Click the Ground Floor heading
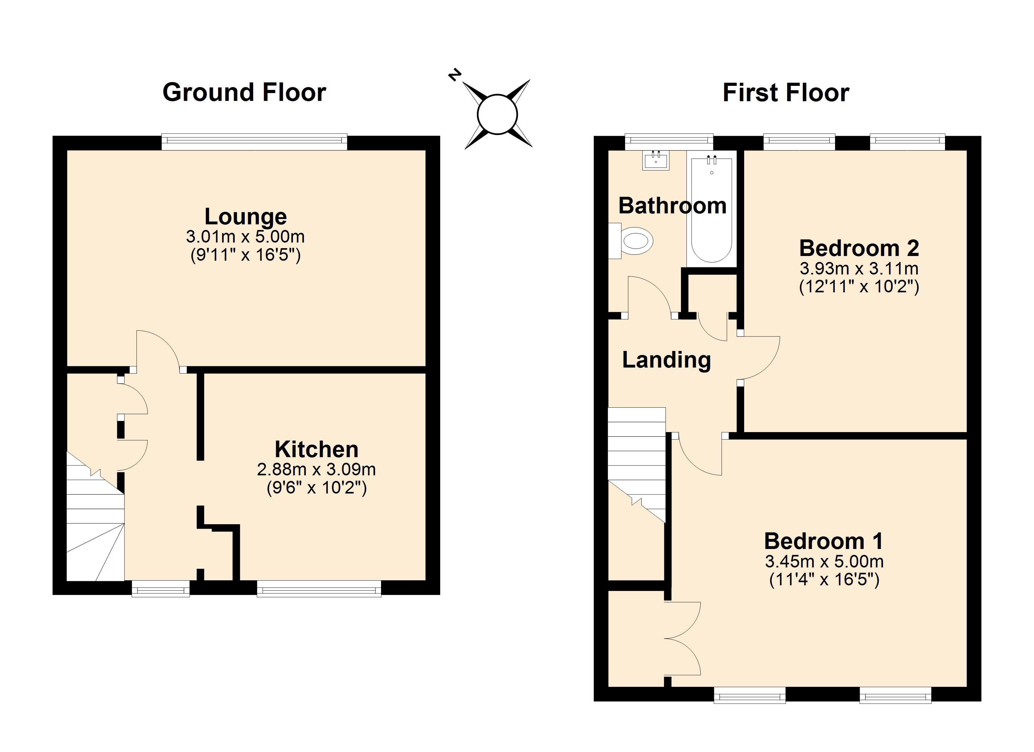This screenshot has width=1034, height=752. pos(244,92)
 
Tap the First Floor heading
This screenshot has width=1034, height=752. pos(786,92)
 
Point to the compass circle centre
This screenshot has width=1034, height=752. pos(497,114)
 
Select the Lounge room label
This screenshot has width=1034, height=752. pos(246,217)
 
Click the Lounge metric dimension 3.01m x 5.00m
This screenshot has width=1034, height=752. pos(245,236)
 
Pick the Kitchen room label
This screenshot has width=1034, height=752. pos(316,450)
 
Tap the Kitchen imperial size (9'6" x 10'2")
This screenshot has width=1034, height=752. pos(317,488)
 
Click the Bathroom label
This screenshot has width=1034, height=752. pos(672,206)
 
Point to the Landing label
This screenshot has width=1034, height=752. pos(666,360)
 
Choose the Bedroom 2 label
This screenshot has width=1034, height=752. pos(859,248)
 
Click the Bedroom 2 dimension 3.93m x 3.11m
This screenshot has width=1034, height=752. pos(859,268)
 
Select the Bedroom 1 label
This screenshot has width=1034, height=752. pos(824,541)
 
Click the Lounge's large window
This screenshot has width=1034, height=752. pos(254,142)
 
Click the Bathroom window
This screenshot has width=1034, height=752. pos(669,142)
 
